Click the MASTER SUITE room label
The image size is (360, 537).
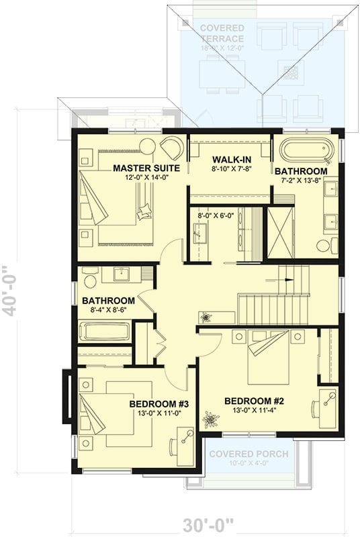pyautogui.click(x=141, y=167)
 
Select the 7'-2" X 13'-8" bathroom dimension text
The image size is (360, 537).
pyautogui.click(x=301, y=182)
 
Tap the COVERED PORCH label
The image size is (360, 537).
pyautogui.click(x=248, y=454)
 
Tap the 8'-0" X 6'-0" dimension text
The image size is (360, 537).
pyautogui.click(x=214, y=215)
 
